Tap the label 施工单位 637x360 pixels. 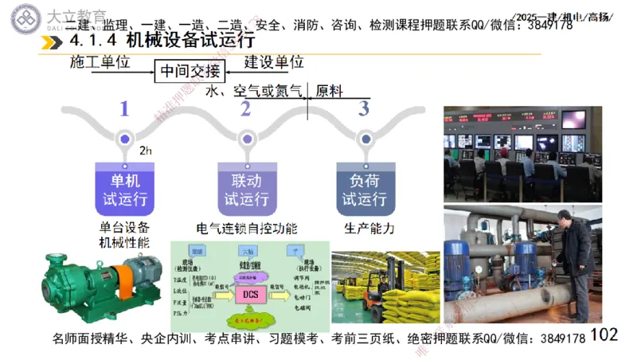click(100, 61)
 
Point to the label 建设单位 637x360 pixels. click(273, 61)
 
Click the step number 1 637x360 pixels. click(123, 108)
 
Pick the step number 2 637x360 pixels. click(245, 108)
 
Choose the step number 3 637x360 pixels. click(364, 108)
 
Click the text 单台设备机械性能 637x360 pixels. click(124, 235)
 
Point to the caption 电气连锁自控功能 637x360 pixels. click(246, 229)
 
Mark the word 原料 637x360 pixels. click(330, 91)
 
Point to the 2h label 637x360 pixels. click(145, 150)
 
